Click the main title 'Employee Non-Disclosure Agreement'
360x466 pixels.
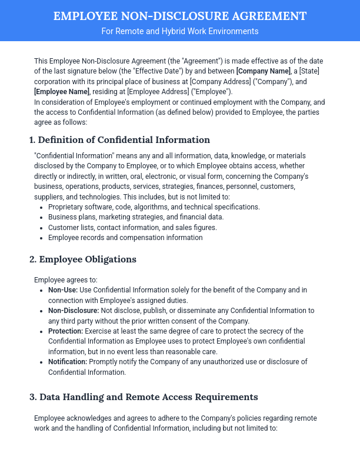pos(179,16)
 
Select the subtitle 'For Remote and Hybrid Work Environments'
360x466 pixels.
pos(179,31)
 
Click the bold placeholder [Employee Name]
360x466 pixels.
pos(62,92)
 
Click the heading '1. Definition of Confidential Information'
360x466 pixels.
pos(119,140)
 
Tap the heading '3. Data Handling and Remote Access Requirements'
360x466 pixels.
pos(144,397)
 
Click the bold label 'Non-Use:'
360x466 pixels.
pos(63,290)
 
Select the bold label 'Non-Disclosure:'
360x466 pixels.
pos(74,311)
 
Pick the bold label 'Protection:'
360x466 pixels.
pos(66,331)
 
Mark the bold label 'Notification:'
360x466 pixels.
pos(68,362)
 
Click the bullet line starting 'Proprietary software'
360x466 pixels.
pos(154,207)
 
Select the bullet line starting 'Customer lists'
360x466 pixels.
pos(132,228)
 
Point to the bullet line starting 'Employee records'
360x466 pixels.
pos(125,238)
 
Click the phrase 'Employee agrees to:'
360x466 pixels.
pos(66,280)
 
